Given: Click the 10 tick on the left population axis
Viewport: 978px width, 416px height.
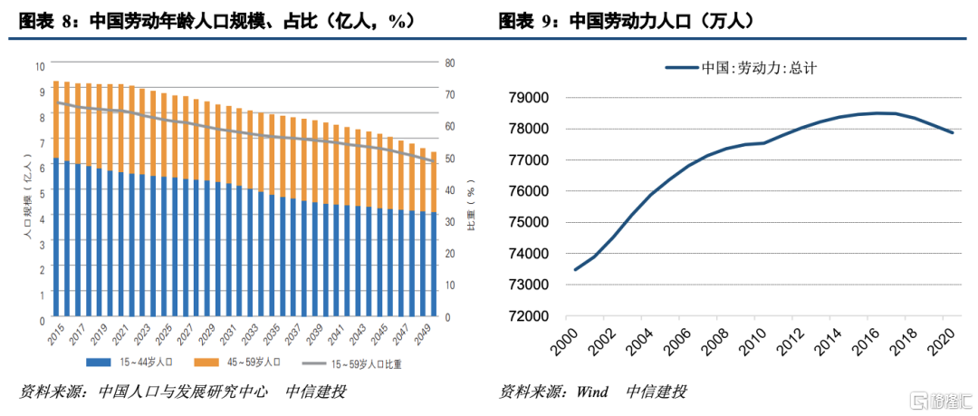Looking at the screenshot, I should pyautogui.click(x=39, y=66).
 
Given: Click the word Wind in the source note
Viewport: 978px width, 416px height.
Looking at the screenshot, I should pyautogui.click(x=594, y=392).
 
